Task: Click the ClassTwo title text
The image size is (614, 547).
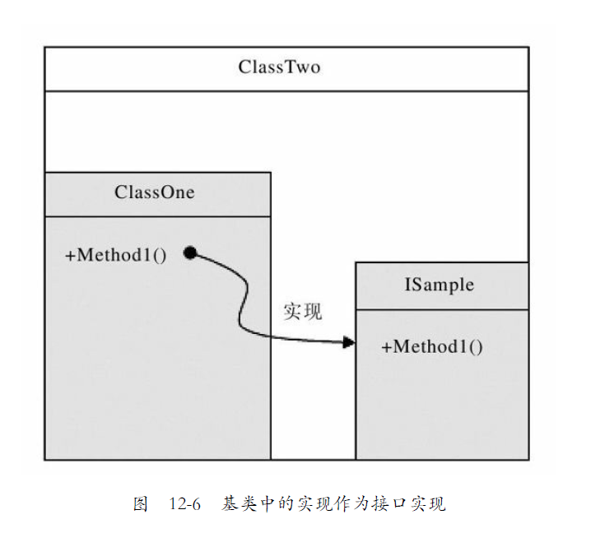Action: (x=279, y=67)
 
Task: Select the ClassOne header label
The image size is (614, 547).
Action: (x=155, y=192)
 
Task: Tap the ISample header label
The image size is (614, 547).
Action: (x=439, y=285)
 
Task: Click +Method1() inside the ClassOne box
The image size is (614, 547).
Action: (x=115, y=254)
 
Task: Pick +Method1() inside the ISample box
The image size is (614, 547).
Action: (x=431, y=346)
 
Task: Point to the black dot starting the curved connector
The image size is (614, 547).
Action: (x=189, y=253)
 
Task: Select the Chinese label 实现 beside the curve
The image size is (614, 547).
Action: (x=302, y=312)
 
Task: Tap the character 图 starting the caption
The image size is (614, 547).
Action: (x=140, y=504)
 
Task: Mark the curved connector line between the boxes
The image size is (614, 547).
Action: (x=243, y=304)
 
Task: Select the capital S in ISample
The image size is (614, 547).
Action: (x=416, y=285)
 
